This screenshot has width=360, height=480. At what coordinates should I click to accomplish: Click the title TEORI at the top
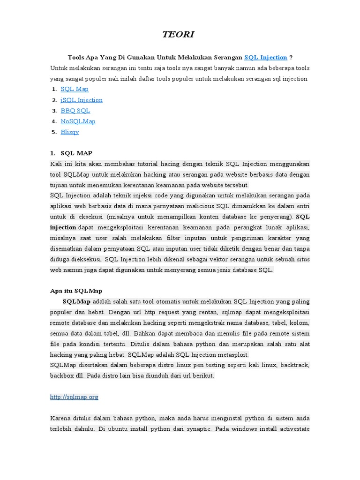click(178, 34)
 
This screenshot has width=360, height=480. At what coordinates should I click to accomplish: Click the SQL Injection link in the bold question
click(266, 57)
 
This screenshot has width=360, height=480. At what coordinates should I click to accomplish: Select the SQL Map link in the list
click(75, 89)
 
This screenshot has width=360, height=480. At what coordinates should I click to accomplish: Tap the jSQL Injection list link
click(82, 100)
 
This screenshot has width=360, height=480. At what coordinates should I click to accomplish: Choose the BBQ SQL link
click(75, 111)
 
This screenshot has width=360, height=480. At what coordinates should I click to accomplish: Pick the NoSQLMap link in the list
click(78, 121)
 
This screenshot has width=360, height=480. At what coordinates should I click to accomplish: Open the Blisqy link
click(70, 132)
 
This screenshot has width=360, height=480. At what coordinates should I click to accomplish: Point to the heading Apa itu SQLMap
click(76, 291)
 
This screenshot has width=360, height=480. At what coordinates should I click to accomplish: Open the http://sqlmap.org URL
click(74, 397)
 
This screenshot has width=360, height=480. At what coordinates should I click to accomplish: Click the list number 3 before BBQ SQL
click(54, 111)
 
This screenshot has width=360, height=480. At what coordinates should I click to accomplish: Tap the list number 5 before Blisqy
click(54, 132)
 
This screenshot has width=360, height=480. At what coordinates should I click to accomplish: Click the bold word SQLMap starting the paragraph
click(76, 301)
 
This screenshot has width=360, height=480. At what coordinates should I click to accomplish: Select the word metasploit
click(232, 354)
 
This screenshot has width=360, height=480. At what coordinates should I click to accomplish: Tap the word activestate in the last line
click(292, 429)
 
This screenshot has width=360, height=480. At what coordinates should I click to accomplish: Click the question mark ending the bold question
click(291, 57)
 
